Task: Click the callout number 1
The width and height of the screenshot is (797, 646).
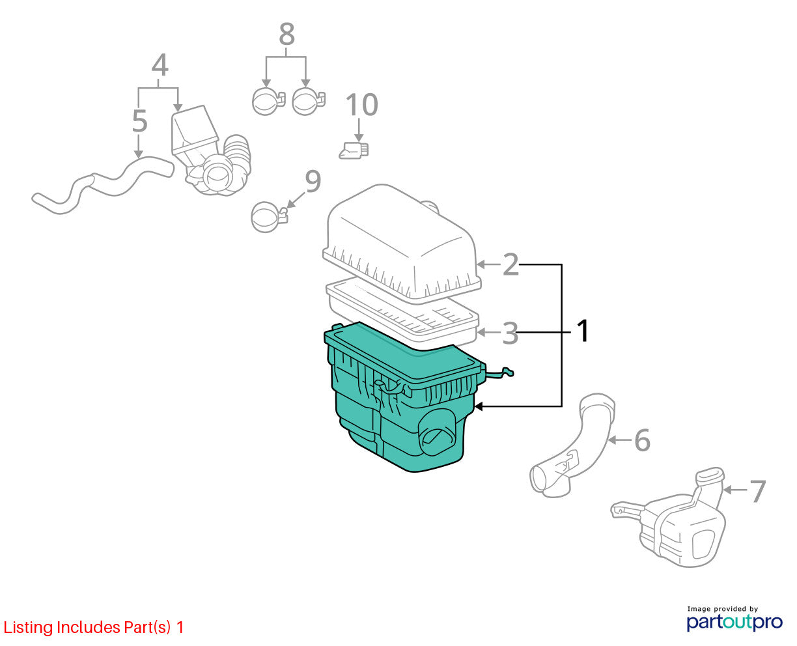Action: click(x=582, y=330)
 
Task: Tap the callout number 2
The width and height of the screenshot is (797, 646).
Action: click(x=510, y=264)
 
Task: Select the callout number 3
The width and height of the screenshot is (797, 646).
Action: click(x=510, y=333)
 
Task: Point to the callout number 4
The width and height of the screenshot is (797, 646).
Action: click(x=160, y=64)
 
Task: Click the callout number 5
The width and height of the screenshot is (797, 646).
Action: click(x=139, y=121)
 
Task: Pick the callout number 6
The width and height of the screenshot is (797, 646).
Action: click(x=642, y=440)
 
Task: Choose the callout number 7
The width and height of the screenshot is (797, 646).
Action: click(x=758, y=491)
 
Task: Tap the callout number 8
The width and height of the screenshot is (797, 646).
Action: click(x=287, y=34)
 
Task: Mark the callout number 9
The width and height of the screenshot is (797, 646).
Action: click(x=313, y=181)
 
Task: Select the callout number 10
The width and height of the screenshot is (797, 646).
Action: click(x=361, y=104)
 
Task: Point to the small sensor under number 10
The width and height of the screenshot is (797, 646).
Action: click(x=354, y=150)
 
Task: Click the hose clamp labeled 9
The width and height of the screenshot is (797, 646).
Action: click(x=269, y=217)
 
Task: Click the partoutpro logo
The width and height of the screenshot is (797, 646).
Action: click(x=734, y=623)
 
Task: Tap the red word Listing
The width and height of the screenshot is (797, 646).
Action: click(x=28, y=627)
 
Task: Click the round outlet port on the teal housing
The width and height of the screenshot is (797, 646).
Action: click(x=437, y=432)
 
